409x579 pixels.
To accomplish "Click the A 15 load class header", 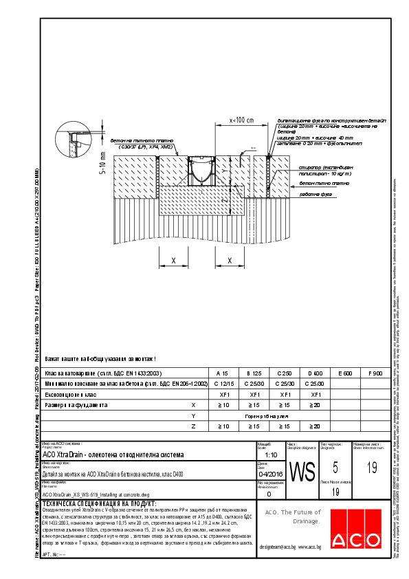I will (222, 373).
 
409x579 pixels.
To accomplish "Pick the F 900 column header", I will (376, 373).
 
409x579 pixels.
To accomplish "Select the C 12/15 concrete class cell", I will (222, 383).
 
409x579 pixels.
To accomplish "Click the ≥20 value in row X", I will (316, 406).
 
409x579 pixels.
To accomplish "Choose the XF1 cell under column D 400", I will (316, 395).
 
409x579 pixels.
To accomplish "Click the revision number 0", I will (269, 494).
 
